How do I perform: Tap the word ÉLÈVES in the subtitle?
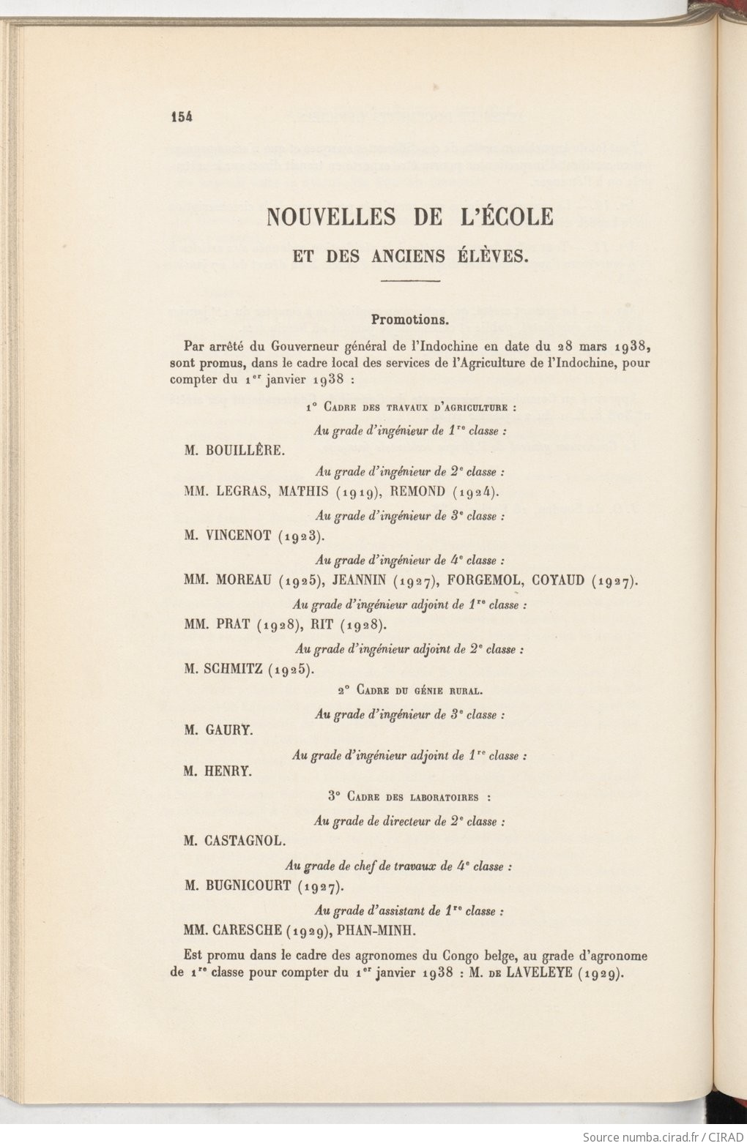tap(497, 256)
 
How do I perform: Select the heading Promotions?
tap(410, 320)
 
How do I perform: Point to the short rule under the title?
tap(410, 282)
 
